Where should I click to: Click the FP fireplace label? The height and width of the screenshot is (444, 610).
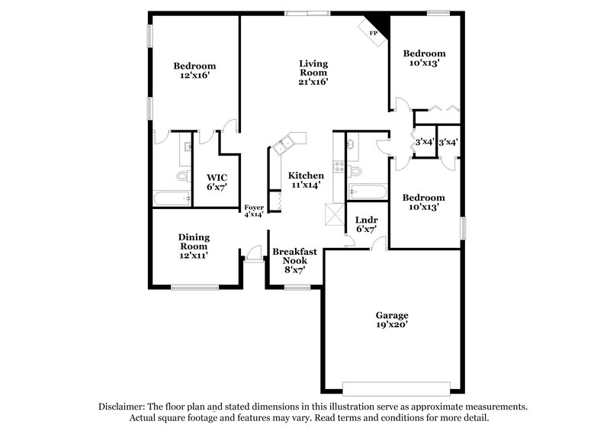[x=374, y=34]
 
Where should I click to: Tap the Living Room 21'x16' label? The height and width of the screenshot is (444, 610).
[x=313, y=72]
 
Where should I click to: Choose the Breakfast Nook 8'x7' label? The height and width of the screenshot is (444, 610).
[x=289, y=260]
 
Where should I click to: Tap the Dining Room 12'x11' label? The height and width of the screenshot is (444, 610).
[x=194, y=246]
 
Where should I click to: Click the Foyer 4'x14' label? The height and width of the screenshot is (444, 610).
[x=253, y=211]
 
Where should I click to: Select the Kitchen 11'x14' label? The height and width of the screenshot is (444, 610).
[x=305, y=179]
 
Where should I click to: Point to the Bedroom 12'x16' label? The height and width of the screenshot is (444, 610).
[x=194, y=71]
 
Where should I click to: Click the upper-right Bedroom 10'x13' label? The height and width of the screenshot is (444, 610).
[x=424, y=59]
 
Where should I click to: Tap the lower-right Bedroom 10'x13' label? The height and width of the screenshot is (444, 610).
[x=423, y=202]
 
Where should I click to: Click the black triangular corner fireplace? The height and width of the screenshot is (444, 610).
[x=379, y=25]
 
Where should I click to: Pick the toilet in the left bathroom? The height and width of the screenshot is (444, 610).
[x=183, y=176]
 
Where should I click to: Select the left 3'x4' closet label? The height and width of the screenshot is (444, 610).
[x=423, y=142]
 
